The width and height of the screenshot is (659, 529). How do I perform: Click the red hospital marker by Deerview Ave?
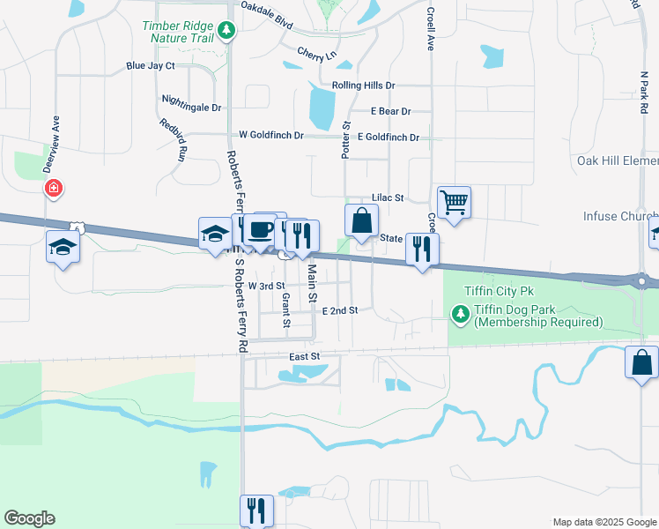pos(54,188)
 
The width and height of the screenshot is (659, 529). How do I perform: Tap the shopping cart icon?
pos(454,202)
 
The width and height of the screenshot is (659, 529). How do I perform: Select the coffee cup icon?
pos(259,230)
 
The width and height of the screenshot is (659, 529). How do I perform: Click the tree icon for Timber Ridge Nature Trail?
pos(228,32)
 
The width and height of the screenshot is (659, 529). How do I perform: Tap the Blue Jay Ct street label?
pos(151,65)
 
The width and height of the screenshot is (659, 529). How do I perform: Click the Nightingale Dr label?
pos(191,107)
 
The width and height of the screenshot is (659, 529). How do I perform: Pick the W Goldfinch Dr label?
pos(271,136)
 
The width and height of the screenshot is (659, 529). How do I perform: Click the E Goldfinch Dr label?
pos(388,138)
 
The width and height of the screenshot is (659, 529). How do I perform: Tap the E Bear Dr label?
pos(390,111)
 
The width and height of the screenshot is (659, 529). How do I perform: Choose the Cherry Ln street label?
pos(317,55)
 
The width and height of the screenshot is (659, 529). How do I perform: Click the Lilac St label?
pos(387,198)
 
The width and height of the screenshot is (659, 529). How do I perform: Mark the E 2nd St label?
pos(339,310)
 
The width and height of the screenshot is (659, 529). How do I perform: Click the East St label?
pos(302,355)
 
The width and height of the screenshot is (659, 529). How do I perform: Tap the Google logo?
pos(29,518)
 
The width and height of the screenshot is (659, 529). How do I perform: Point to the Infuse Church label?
pos(620,216)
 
